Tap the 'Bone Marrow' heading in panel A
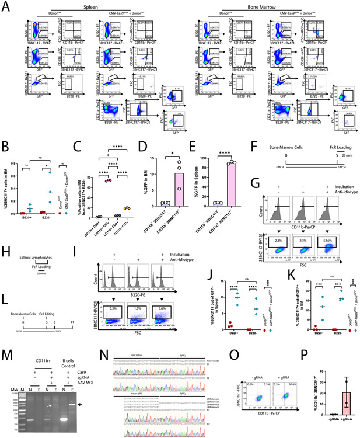(x=270, y=5)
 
